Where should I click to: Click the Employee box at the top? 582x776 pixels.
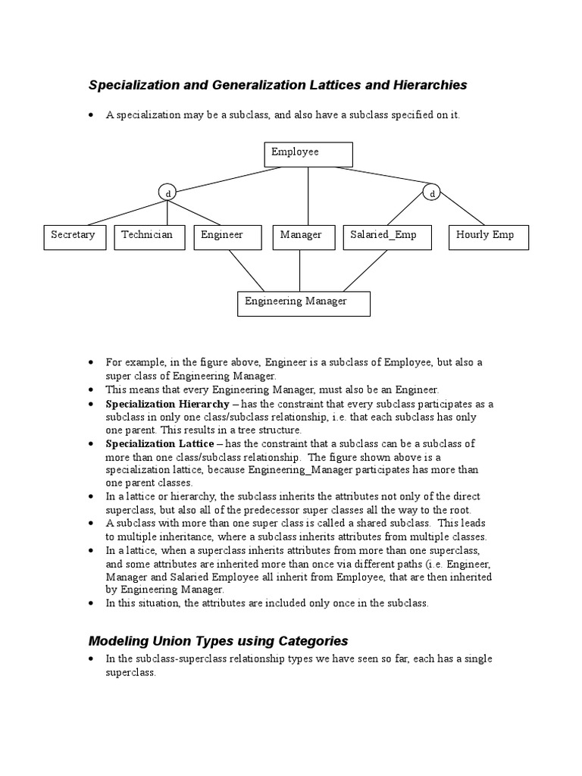(308, 154)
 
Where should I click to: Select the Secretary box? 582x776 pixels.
(74, 237)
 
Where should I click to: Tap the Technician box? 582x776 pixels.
(148, 237)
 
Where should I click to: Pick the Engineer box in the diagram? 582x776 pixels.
(227, 237)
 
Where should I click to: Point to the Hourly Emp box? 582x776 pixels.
(489, 237)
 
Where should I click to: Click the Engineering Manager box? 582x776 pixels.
(304, 303)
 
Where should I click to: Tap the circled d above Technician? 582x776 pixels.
(167, 193)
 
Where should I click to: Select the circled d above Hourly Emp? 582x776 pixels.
(432, 193)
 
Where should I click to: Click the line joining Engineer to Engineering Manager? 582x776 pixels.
(246, 271)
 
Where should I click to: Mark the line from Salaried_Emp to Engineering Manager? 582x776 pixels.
(365, 271)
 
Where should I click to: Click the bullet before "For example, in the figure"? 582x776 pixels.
(91, 362)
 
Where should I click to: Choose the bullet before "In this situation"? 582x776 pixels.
(91, 603)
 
